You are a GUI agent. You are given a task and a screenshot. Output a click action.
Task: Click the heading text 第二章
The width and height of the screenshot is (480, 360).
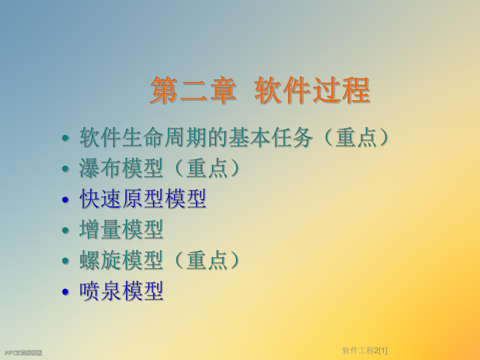194,91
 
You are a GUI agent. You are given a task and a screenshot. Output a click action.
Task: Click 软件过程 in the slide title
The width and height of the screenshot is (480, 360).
312,91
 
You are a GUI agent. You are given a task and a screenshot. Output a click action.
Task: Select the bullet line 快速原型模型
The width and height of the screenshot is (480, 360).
142,199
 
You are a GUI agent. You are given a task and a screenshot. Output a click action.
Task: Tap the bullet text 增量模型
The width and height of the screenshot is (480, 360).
122,230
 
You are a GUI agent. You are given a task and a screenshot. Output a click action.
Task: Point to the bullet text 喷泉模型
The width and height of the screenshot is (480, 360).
122,291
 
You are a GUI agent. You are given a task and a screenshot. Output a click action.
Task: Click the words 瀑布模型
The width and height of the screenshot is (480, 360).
122,169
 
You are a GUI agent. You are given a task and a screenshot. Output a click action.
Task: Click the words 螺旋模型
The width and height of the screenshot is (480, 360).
122,260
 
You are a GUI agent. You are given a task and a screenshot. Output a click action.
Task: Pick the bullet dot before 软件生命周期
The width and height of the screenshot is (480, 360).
65,139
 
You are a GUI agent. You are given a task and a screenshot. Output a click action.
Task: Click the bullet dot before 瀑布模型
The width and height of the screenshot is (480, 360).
65,170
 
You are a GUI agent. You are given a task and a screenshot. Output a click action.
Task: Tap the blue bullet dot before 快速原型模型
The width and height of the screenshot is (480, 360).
65,200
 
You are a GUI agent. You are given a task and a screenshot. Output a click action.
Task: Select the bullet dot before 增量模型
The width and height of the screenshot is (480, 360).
65,231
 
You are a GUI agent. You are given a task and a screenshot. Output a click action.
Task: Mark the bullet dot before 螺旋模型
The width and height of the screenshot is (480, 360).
65,261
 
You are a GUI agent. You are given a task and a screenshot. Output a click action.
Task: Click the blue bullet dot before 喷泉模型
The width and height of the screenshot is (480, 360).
65,292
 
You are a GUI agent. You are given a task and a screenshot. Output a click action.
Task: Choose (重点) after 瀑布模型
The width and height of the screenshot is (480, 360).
207,169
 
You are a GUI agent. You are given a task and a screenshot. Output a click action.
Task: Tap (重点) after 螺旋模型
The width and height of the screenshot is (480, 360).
207,260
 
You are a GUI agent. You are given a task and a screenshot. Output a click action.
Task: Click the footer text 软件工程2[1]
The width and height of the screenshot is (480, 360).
365,350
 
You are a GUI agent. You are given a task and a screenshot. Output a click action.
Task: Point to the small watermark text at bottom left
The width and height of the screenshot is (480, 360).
23,353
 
